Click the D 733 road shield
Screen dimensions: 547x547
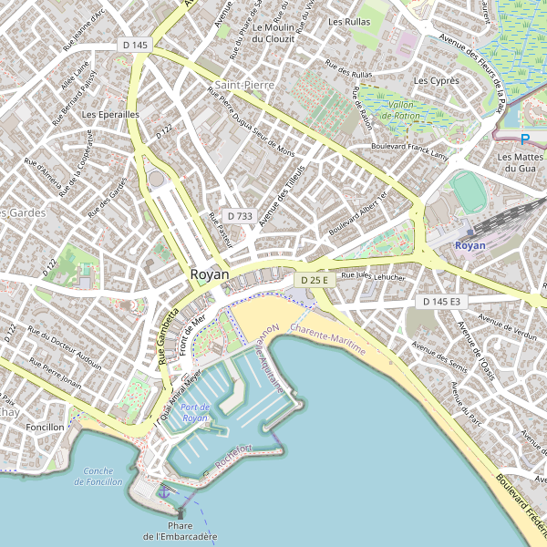(239, 216)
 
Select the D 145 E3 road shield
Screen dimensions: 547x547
(440, 301)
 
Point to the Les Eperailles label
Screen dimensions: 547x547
(109, 115)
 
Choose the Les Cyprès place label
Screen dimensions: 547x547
(436, 81)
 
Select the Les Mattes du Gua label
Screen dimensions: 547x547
(519, 162)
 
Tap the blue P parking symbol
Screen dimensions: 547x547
(524, 139)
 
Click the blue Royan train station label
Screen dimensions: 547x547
(470, 246)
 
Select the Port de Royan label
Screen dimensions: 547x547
(195, 412)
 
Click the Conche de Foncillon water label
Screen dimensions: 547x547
(98, 476)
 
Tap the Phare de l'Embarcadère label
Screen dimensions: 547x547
(180, 532)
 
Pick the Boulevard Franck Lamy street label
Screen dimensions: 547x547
(410, 151)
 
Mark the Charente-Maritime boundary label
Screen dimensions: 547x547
(328, 338)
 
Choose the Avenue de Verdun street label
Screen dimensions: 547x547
(508, 327)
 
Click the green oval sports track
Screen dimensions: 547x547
(469, 190)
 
